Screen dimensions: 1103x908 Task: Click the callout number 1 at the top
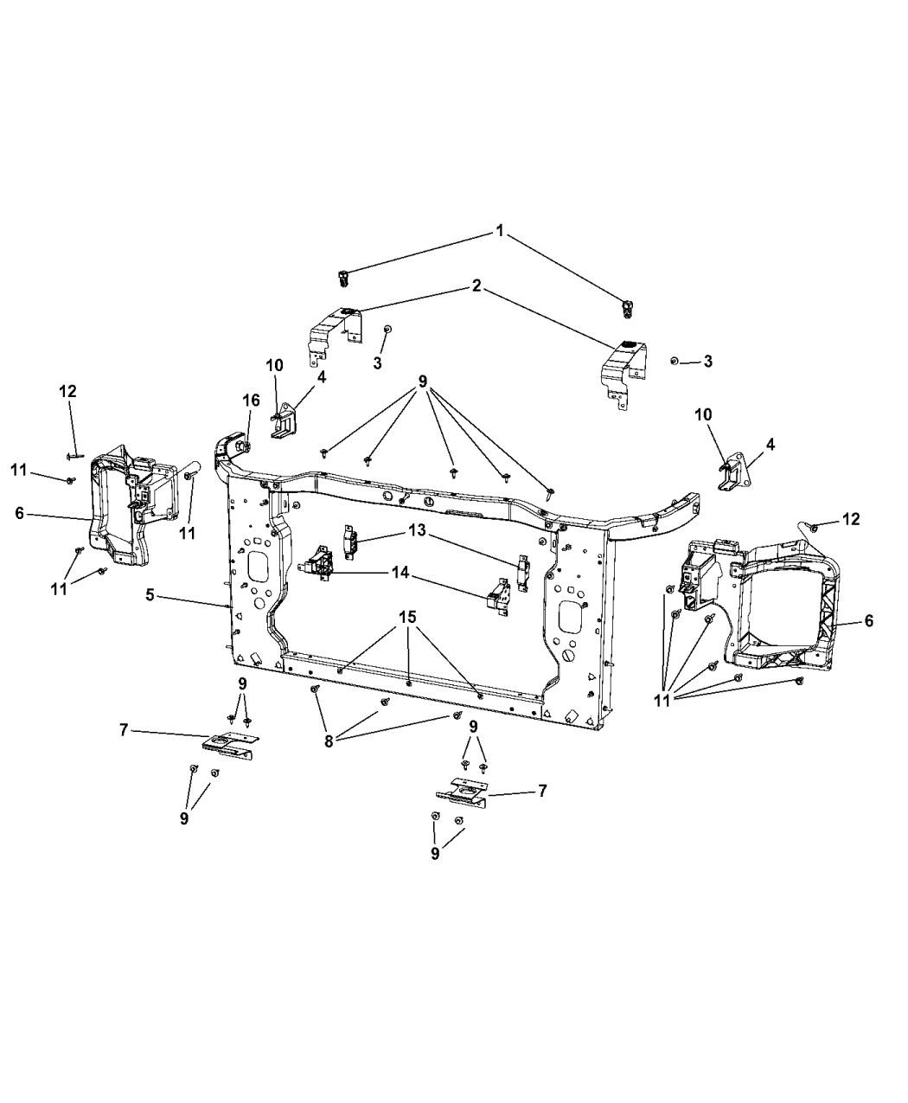pyautogui.click(x=499, y=231)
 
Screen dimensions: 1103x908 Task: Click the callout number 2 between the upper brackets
pyautogui.click(x=476, y=286)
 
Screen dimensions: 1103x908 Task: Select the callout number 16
pyautogui.click(x=250, y=400)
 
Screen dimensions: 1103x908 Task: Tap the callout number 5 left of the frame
pyautogui.click(x=150, y=595)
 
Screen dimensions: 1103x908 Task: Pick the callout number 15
pyautogui.click(x=407, y=617)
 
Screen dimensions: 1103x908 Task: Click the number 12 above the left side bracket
pyautogui.click(x=67, y=391)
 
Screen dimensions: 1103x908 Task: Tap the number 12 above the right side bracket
pyautogui.click(x=851, y=519)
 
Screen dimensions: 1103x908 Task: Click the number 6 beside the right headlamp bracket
pyautogui.click(x=869, y=620)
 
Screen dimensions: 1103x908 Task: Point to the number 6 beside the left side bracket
pyautogui.click(x=19, y=513)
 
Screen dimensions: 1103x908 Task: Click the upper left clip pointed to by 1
pyautogui.click(x=344, y=277)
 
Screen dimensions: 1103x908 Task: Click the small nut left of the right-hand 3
pyautogui.click(x=674, y=360)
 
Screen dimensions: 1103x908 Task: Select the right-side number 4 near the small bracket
pyautogui.click(x=770, y=445)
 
